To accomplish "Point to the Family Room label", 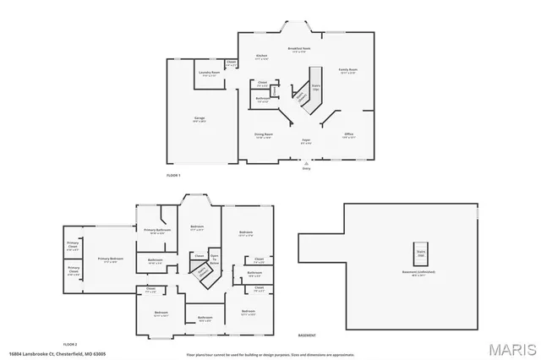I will [347, 71].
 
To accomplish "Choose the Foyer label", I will [306, 140].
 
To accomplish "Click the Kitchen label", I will [262, 57].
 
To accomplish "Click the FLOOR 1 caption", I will [173, 174].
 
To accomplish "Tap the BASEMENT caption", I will [307, 335].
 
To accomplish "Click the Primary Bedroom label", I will [110, 259].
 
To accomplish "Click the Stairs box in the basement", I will [420, 252].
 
